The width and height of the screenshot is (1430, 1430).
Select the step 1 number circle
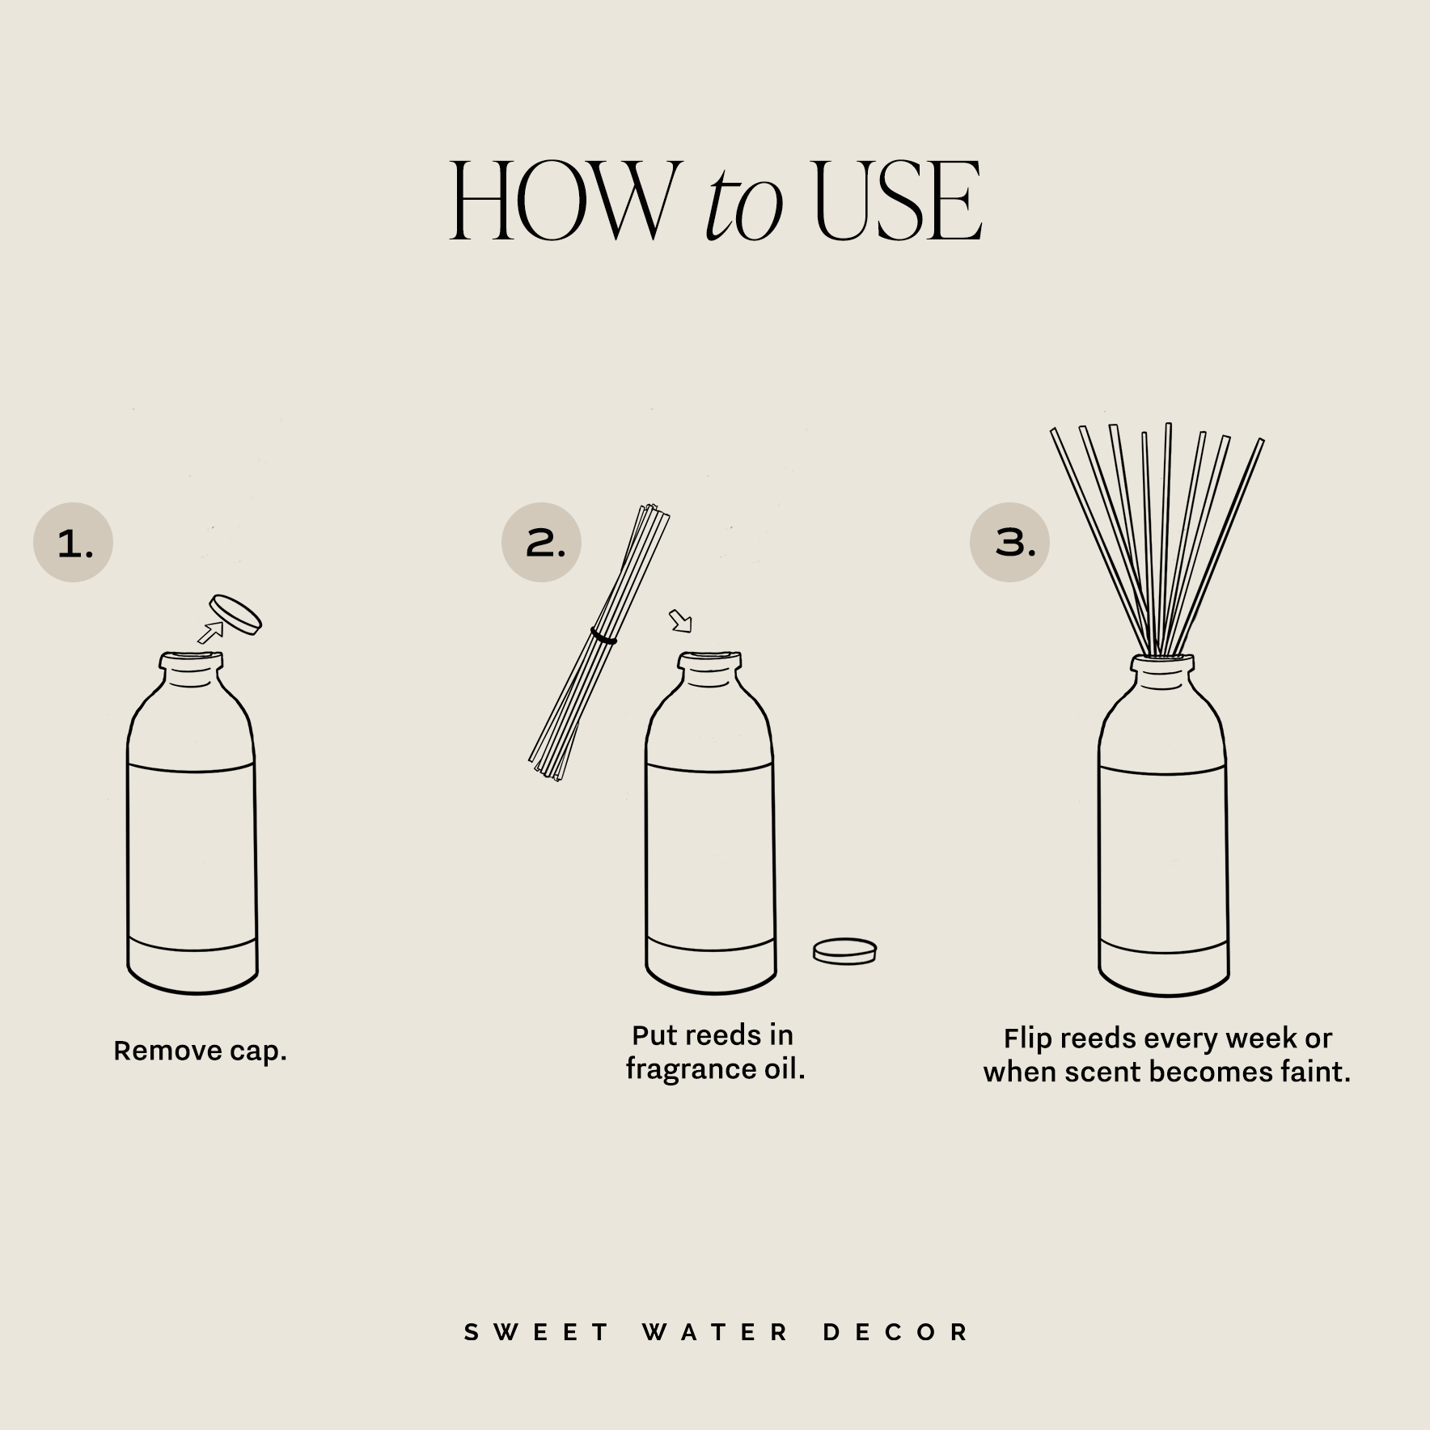tap(73, 543)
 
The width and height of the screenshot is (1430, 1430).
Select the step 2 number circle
tap(541, 542)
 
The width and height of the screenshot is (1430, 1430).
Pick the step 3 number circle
tap(1009, 541)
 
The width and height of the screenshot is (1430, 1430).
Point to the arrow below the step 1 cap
tap(210, 632)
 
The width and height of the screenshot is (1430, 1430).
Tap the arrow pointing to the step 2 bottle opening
tap(681, 621)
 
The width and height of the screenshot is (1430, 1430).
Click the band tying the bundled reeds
tap(603, 637)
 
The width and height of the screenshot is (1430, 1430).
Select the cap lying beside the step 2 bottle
tap(844, 950)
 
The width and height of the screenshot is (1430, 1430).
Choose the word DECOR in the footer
tap(895, 1332)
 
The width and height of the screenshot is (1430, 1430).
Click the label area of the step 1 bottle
tap(192, 857)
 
